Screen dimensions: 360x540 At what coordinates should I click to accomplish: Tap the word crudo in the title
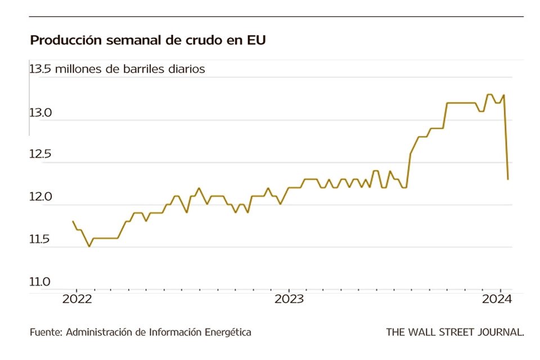pyautogui.click(x=199, y=40)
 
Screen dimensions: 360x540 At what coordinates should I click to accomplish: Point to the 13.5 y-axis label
pyautogui.click(x=40, y=70)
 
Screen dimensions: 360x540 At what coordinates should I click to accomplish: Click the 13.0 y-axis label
pyautogui.click(x=40, y=113)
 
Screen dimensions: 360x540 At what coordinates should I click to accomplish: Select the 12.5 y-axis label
pyautogui.click(x=40, y=155)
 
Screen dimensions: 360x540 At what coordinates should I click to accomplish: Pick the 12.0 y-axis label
pyautogui.click(x=40, y=197)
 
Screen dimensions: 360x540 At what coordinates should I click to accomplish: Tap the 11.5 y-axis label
pyautogui.click(x=40, y=240)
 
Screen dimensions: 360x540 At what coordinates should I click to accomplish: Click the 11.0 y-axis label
pyautogui.click(x=40, y=282)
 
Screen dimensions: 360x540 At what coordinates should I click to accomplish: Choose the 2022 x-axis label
pyautogui.click(x=76, y=299)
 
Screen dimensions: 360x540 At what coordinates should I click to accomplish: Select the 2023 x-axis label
pyautogui.click(x=289, y=299)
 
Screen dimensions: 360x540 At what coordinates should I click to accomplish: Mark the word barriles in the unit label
pyautogui.click(x=150, y=70)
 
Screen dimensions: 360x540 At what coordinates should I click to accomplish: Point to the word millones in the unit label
pyautogui.click(x=74, y=70)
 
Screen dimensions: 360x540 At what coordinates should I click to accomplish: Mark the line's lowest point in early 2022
pyautogui.click(x=89, y=246)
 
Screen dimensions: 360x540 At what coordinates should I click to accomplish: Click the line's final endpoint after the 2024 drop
pyautogui.click(x=508, y=179)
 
